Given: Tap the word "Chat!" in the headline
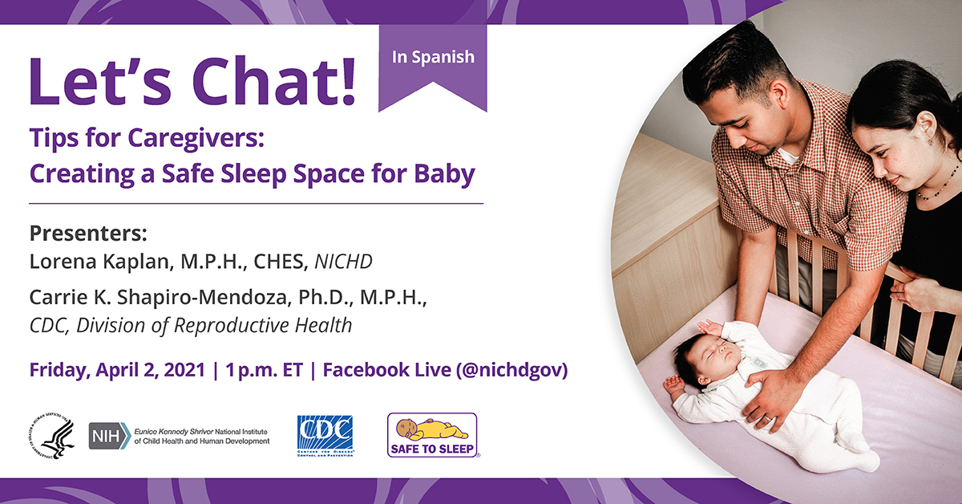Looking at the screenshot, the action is click(x=274, y=81).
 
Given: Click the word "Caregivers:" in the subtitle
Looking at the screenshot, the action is click(x=196, y=139).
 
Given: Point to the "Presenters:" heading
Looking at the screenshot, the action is click(x=88, y=233).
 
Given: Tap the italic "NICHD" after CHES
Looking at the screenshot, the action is click(x=344, y=262).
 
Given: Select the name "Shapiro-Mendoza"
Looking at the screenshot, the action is click(x=202, y=297).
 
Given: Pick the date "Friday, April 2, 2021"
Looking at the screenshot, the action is click(x=117, y=370).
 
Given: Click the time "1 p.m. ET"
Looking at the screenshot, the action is click(x=264, y=370).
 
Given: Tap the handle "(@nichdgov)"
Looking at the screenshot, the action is click(x=512, y=370).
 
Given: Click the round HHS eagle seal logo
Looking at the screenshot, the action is click(x=51, y=436).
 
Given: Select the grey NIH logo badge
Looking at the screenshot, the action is click(x=110, y=436).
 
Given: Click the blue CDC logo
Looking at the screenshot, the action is click(x=325, y=435).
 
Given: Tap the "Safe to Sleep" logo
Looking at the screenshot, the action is click(x=432, y=435).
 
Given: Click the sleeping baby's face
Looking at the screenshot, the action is click(x=716, y=358).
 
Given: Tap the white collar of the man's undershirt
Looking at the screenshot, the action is click(x=787, y=156).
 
